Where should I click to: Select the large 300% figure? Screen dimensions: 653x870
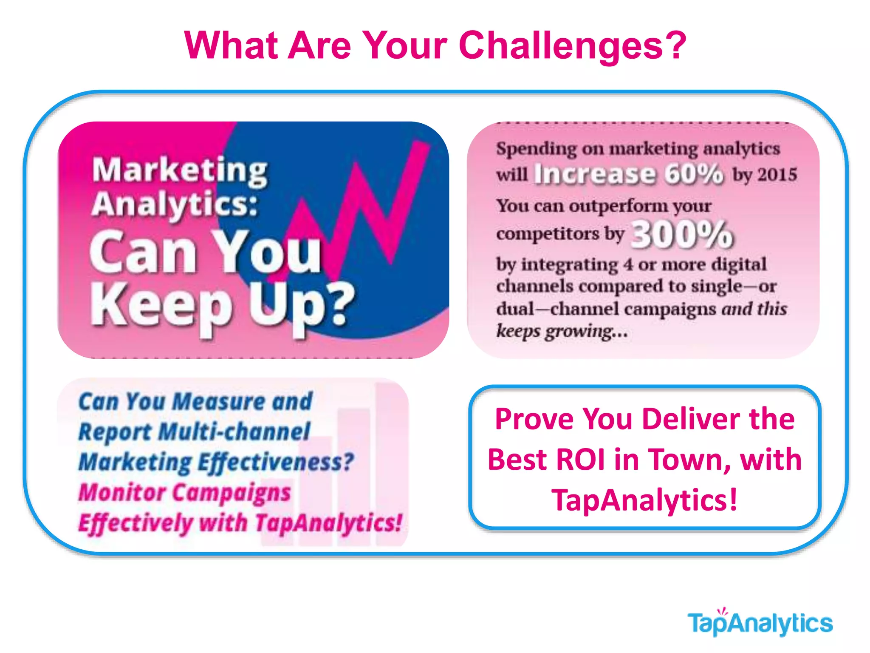tap(682, 235)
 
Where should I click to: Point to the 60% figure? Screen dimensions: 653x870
tap(694, 174)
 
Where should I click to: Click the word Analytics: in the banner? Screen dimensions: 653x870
tap(175, 204)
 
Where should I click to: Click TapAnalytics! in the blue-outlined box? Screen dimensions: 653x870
tap(644, 500)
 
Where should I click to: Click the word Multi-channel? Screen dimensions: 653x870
tap(234, 432)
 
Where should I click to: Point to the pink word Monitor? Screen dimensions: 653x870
tap(122, 493)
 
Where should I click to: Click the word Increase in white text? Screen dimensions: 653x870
tap(594, 174)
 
